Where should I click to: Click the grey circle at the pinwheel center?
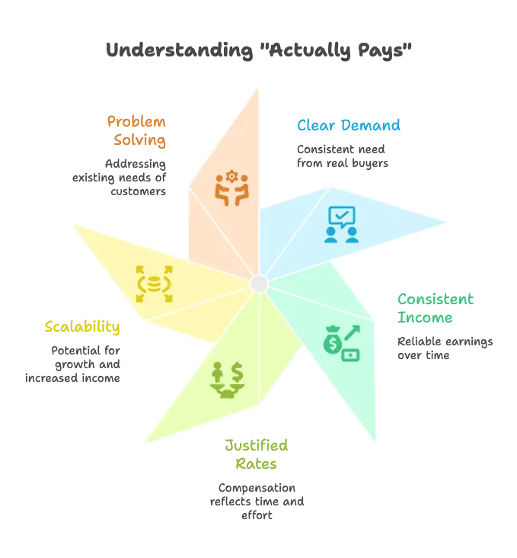[x=259, y=284]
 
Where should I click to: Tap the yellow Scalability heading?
[x=83, y=328]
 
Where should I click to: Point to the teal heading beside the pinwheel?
[x=435, y=307]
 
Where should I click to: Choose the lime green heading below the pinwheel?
[x=258, y=453]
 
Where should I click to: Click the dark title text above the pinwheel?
[x=258, y=50]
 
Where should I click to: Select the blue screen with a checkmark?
[x=341, y=216]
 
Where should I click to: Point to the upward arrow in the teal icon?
[x=351, y=333]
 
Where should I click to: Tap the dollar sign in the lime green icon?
[x=237, y=373]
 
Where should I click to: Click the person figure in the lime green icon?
[x=218, y=373]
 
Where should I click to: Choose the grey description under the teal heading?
[x=444, y=345]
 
